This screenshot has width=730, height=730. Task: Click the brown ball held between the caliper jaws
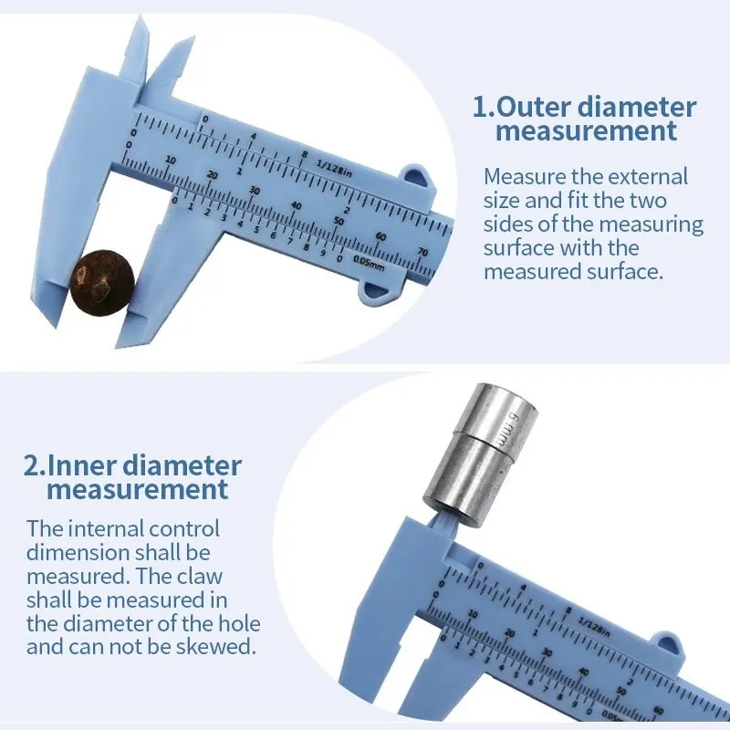coord(102,283)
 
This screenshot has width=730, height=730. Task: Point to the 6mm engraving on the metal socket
coord(507,427)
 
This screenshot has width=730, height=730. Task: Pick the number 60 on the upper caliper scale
coord(381,235)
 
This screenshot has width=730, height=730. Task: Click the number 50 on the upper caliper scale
coord(339,220)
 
